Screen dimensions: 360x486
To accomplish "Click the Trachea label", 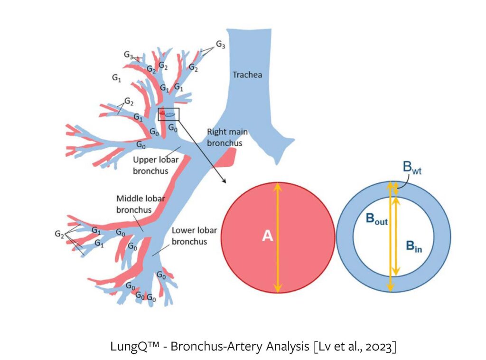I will click(x=247, y=75).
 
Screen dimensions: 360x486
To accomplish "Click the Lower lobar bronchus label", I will click(x=194, y=236).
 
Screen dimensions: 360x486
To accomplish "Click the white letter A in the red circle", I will click(x=268, y=236).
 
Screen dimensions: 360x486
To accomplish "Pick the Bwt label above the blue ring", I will click(x=413, y=167).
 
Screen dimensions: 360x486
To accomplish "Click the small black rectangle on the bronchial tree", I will click(x=168, y=114).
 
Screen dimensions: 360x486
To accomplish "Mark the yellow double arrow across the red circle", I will click(x=278, y=237).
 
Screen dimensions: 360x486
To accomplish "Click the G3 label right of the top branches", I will click(x=221, y=44).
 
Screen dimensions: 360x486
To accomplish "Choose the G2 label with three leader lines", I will click(x=59, y=234).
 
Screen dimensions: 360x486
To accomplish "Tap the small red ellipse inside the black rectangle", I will click(x=162, y=113).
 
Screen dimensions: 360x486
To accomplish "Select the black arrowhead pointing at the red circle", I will click(x=224, y=181).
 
